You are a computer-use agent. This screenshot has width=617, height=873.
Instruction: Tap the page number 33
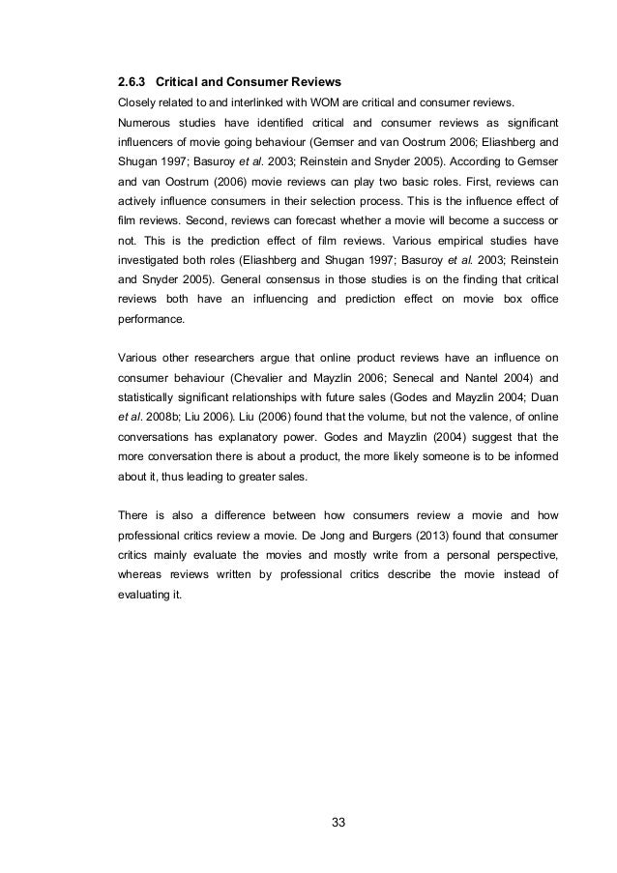click(338, 823)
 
